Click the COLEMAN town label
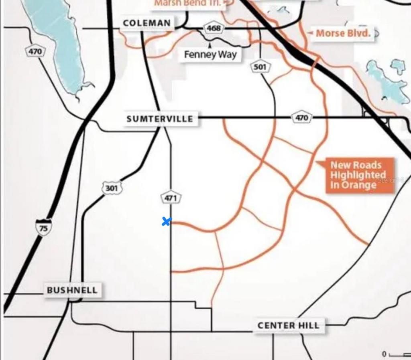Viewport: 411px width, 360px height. click(x=146, y=23)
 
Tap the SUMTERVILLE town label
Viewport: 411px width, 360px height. click(x=160, y=119)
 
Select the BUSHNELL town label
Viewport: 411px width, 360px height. click(x=72, y=290)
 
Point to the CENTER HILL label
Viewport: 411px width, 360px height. click(x=289, y=325)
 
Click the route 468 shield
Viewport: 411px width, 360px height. click(x=213, y=28)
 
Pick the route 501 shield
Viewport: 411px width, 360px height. click(x=260, y=67)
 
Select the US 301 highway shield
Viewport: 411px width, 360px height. click(x=112, y=188)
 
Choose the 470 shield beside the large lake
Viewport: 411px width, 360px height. click(x=35, y=52)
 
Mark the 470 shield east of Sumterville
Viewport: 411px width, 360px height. click(x=301, y=117)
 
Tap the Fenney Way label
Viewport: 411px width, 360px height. click(x=210, y=55)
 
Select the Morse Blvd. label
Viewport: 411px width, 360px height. click(x=342, y=33)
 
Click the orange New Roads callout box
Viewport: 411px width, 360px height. click(x=358, y=175)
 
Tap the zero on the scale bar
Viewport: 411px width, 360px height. click(x=384, y=354)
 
